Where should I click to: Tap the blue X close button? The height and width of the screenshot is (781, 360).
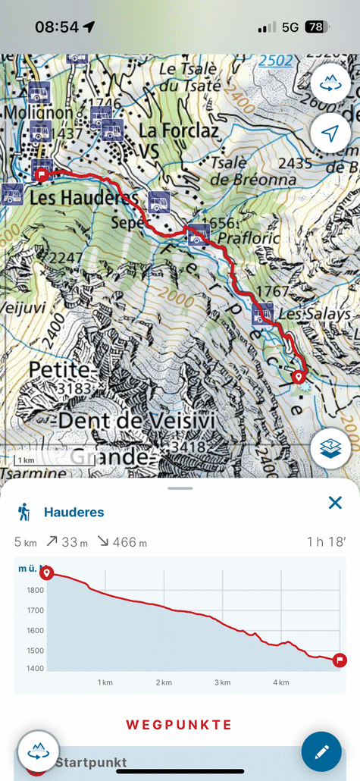(335, 503)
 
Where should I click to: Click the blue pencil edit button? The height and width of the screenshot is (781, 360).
(321, 751)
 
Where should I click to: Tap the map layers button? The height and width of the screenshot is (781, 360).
(330, 449)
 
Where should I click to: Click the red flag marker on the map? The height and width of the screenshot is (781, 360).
(42, 174)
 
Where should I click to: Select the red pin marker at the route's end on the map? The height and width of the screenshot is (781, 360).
(299, 376)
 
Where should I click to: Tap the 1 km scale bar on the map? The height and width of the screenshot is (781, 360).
(26, 460)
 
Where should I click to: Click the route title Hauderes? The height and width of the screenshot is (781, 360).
(74, 513)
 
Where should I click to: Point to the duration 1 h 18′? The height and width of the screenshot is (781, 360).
(327, 542)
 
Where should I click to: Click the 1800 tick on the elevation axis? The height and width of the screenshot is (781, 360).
(35, 590)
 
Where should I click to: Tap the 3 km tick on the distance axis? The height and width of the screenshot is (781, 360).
(222, 682)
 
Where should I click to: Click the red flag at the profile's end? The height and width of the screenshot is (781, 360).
(340, 660)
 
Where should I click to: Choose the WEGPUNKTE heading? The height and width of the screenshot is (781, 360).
(179, 725)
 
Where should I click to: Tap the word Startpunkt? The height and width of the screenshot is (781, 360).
(90, 762)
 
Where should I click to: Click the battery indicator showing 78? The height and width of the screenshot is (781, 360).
(314, 27)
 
